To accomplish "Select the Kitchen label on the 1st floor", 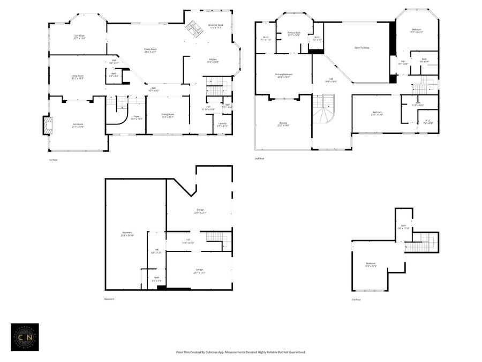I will [x=213, y=60].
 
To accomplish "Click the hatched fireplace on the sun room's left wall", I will [x=47, y=125].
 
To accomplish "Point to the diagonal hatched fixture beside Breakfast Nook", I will [x=194, y=29].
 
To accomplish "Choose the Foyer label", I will [x=122, y=117].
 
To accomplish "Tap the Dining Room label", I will [x=168, y=115].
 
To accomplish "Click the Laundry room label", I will [x=222, y=124].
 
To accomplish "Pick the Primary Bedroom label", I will [x=283, y=75].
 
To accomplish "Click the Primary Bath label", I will [x=293, y=34].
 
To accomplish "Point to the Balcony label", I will [x=283, y=124].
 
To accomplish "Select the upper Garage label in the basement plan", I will [x=200, y=210].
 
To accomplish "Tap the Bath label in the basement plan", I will [x=156, y=278].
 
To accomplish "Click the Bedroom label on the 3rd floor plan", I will [x=371, y=264].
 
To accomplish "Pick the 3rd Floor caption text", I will [x=356, y=300].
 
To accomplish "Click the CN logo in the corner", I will [x=25, y=337].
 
